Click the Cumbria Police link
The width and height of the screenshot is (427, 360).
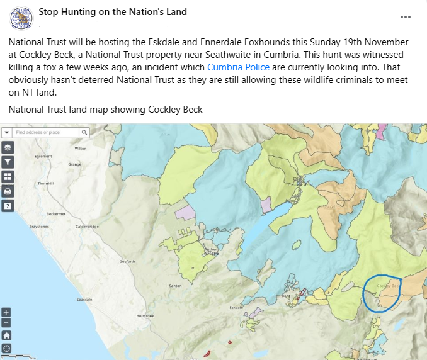coord(238,67)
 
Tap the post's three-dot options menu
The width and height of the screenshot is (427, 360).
coord(407,17)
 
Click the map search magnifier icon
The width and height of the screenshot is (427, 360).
coord(84,133)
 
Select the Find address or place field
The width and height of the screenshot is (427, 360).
coord(46,133)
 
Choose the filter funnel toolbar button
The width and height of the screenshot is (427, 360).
coord(8,162)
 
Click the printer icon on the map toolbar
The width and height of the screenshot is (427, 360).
coord(8,191)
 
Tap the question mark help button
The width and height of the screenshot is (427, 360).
coord(8,205)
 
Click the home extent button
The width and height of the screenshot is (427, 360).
coord(6,335)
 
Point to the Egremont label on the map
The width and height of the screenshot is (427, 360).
coord(43,156)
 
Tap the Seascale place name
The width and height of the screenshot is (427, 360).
coord(84,300)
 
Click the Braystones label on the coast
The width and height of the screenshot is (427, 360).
coord(38,225)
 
